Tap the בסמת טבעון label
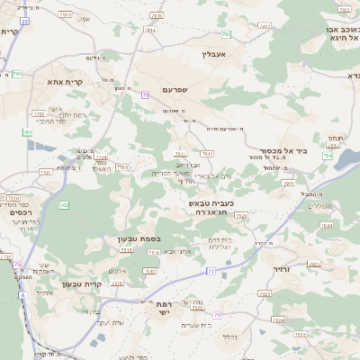click(138, 238)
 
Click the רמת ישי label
click(164, 308)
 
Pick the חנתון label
click(335, 138)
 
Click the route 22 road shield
click(24, 21)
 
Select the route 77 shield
click(211, 270)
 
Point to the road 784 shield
click(327, 156)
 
